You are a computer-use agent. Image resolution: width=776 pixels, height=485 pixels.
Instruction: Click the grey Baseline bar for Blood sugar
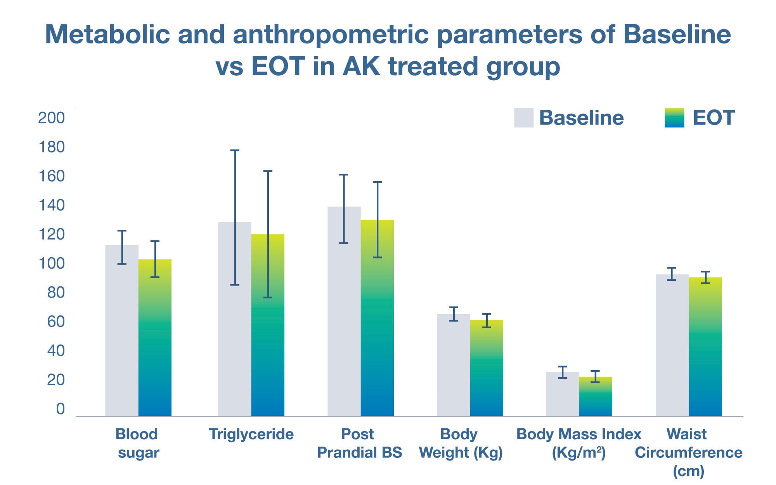click(x=121, y=334)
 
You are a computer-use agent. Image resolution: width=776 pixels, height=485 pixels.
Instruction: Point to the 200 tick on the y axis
click(x=51, y=118)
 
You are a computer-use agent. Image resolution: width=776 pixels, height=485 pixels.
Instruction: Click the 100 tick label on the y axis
click(x=51, y=263)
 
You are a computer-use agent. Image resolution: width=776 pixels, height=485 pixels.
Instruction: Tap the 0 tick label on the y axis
click(x=60, y=409)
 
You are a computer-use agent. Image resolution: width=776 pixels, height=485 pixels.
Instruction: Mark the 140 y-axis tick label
click(x=51, y=205)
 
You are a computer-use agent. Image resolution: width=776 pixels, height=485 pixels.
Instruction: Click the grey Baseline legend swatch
click(x=523, y=118)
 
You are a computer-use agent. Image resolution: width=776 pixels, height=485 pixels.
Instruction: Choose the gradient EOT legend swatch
click(x=674, y=118)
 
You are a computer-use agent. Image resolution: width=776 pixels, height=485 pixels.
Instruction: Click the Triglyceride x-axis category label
click(x=251, y=434)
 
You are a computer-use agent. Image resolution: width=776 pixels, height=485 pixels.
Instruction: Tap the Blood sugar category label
click(x=137, y=443)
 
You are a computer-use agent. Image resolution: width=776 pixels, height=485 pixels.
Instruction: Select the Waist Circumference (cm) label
click(x=688, y=452)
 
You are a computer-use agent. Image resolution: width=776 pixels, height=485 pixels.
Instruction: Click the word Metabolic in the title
click(x=107, y=34)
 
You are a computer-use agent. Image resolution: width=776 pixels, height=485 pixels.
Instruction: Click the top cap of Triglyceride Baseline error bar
click(x=235, y=150)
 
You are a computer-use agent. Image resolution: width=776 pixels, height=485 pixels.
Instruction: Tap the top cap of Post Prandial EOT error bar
click(x=377, y=182)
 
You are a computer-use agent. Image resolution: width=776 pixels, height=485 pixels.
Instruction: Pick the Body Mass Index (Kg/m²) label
click(x=579, y=443)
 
